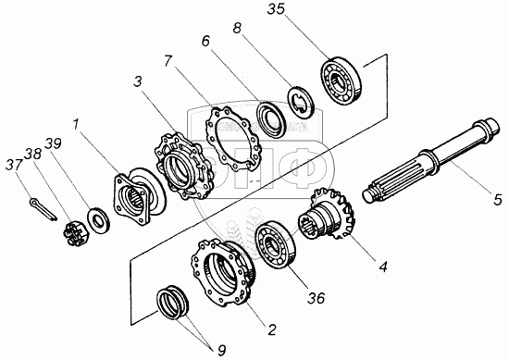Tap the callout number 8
pos(237,29)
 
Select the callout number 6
pos(205,41)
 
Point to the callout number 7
pos(168,61)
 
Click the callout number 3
pos(138,81)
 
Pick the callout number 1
pos(76,124)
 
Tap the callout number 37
pos(14,165)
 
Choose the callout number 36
pos(316,298)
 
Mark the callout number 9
pos(221,350)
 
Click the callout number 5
pos(498,199)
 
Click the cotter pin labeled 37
pos(43,210)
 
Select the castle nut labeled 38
pos(73,232)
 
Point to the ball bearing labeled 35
pos(341,81)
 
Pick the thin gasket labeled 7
pos(231,136)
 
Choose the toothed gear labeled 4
pos(327,216)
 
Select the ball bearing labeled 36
pos(275,243)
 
